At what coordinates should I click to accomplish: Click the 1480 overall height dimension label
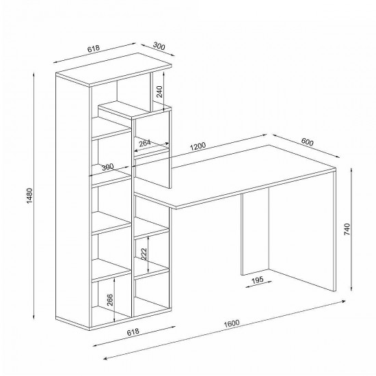tap(29, 196)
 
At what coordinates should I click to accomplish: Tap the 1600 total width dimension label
tap(232, 323)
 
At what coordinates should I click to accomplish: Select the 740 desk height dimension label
tap(347, 229)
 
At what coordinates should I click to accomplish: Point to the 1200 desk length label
tap(198, 146)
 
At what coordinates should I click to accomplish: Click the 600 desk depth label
tap(307, 142)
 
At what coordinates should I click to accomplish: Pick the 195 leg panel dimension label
tap(258, 280)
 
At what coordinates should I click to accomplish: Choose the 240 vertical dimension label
tap(159, 92)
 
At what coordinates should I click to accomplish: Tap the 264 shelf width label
tap(145, 143)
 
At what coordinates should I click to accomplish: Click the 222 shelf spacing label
tap(144, 254)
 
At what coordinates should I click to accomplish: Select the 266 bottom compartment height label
tap(110, 299)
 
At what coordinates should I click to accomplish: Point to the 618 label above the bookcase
tap(93, 49)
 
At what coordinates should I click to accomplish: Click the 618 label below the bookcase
tap(133, 332)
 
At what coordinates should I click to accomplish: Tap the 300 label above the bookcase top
tap(159, 46)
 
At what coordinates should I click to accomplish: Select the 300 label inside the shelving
tap(107, 167)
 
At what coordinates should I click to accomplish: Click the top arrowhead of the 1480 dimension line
tap(34, 74)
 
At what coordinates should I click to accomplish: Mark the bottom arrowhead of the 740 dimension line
tap(351, 288)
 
